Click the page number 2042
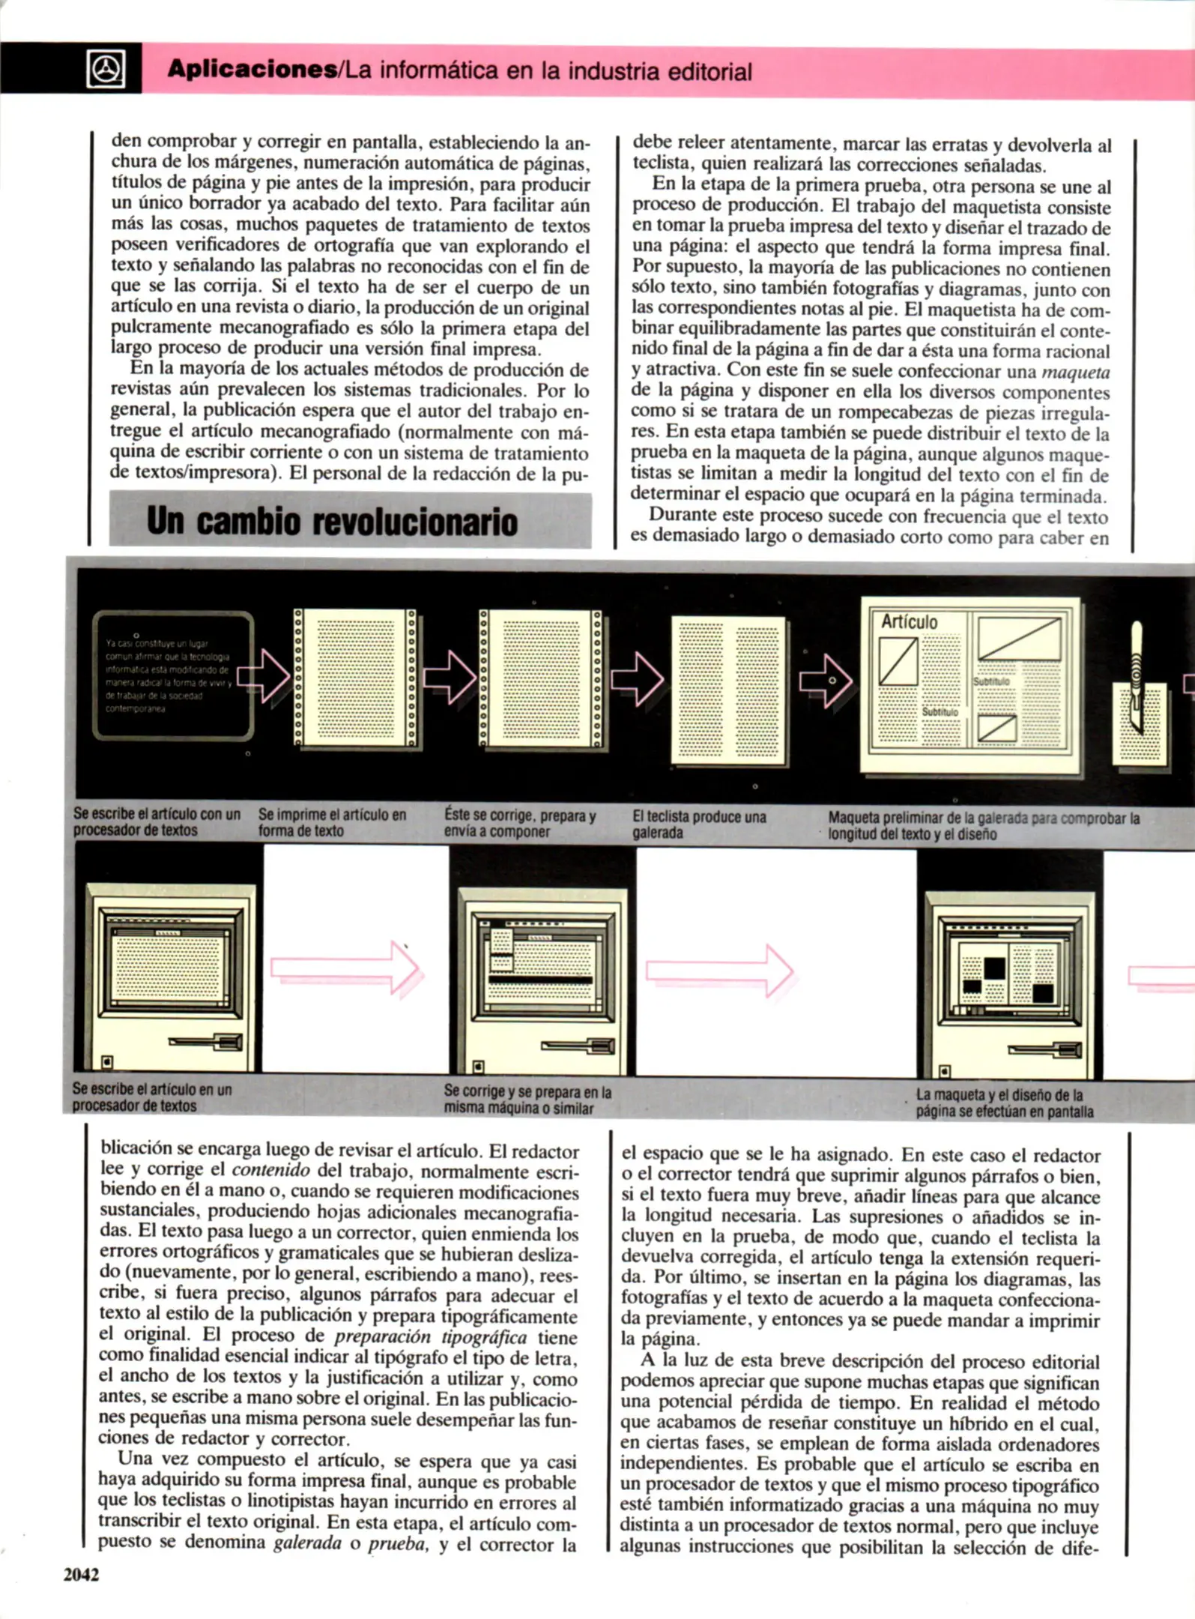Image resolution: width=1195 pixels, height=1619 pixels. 81,1575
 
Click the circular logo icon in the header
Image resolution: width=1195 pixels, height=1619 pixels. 106,70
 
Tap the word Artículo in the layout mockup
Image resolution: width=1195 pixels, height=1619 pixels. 909,621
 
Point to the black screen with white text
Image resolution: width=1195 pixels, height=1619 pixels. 172,675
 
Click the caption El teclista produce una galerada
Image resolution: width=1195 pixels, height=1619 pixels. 698,824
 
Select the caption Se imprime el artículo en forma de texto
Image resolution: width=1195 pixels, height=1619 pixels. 332,823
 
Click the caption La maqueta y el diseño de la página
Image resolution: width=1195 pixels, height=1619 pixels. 1004,1103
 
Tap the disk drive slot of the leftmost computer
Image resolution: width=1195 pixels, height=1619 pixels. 207,1042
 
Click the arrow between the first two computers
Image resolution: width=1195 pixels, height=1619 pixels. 345,968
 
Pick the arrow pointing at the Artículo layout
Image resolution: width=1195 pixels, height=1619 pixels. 825,681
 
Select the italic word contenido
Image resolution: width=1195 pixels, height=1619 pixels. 270,1170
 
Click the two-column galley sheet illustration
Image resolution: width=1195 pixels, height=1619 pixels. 728,690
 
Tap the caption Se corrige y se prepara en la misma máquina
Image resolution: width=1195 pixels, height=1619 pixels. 527,1100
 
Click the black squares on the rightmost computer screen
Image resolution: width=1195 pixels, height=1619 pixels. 995,968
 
